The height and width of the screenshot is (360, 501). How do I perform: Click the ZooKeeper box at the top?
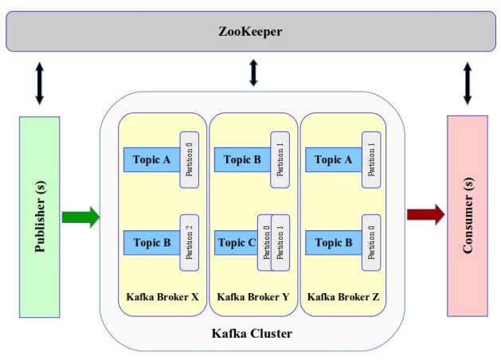pyautogui.click(x=251, y=32)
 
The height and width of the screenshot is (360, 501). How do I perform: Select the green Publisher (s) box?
pyautogui.click(x=39, y=217)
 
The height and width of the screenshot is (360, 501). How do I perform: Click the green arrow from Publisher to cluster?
pyautogui.click(x=80, y=216)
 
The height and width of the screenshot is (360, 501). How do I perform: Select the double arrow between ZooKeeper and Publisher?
pyautogui.click(x=39, y=84)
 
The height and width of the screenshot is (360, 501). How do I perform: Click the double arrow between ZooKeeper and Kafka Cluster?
pyautogui.click(x=254, y=72)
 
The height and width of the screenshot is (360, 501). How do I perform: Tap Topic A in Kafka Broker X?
pyautogui.click(x=151, y=160)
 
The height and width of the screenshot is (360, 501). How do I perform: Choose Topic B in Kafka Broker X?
pyautogui.click(x=151, y=243)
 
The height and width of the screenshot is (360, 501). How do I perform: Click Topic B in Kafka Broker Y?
pyautogui.click(x=242, y=160)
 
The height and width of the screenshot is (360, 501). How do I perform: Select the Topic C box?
pyautogui.click(x=236, y=243)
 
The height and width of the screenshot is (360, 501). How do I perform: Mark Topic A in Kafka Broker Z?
pyautogui.click(x=333, y=160)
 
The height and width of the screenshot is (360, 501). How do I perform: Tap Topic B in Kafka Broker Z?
pyautogui.click(x=333, y=243)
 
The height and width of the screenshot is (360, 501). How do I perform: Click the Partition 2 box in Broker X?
pyautogui.click(x=189, y=242)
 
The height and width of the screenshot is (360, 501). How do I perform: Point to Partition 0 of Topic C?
pyautogui.click(x=264, y=242)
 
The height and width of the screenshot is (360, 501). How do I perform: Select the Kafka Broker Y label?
pyautogui.click(x=253, y=297)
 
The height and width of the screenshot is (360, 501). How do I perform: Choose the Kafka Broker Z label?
pyautogui.click(x=343, y=297)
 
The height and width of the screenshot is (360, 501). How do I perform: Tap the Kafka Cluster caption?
pyautogui.click(x=251, y=334)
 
